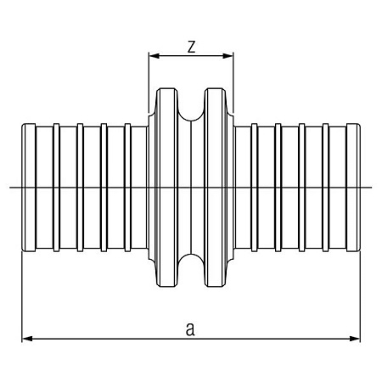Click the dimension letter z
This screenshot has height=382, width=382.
point(192,47)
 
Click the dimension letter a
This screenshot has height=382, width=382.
point(190,329)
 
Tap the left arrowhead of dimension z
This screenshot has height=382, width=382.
point(154,56)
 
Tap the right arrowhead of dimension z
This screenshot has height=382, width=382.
point(228,56)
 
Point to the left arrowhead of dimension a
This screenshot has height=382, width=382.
point(27,339)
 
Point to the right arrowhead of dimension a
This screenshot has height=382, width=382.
point(355,339)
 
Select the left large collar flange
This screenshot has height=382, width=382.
point(167,188)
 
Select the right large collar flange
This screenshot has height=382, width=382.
point(216,188)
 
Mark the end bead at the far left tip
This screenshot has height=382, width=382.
point(29,188)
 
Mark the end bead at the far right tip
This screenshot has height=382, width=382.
point(353,188)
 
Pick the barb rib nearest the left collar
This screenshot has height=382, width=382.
point(127,188)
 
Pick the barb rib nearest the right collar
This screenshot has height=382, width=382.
point(255,188)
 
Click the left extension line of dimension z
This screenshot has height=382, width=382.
point(149,82)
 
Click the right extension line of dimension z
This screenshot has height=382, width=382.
point(233,82)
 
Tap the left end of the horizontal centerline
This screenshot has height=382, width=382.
point(9,187)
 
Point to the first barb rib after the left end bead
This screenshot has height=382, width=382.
point(56,188)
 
